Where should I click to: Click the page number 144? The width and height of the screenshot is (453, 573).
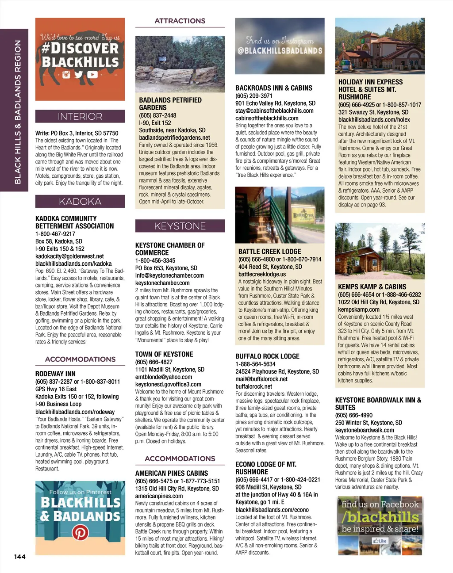click(x=19, y=557)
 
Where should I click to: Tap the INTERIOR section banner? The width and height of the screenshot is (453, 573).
click(x=80, y=116)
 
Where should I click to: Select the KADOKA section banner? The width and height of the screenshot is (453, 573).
click(x=80, y=202)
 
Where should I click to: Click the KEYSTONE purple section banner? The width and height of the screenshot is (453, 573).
click(x=180, y=226)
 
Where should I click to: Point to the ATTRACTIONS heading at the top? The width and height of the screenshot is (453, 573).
click(x=180, y=21)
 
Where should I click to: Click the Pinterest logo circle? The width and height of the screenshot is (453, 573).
click(x=80, y=533)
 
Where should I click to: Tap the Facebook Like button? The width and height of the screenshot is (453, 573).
click(x=380, y=541)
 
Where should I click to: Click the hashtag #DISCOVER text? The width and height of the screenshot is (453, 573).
click(x=80, y=48)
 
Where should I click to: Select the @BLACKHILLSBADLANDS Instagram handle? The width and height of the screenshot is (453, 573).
click(x=280, y=51)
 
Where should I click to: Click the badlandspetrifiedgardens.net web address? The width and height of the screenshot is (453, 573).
click(x=174, y=138)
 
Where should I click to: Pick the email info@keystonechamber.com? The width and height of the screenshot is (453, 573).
click(x=169, y=275)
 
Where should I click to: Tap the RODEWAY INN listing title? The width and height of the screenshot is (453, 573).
click(x=55, y=374)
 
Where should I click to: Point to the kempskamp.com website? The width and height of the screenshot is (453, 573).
click(x=359, y=309)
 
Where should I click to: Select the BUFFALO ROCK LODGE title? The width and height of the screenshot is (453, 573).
click(x=267, y=356)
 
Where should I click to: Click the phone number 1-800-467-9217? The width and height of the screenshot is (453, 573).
click(x=55, y=233)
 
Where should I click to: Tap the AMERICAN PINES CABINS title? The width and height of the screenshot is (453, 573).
click(x=171, y=473)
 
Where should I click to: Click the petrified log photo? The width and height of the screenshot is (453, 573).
click(x=180, y=64)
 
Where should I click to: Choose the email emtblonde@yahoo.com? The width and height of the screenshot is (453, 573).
click(x=163, y=377)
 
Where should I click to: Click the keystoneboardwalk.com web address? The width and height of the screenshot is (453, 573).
click(x=364, y=430)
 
